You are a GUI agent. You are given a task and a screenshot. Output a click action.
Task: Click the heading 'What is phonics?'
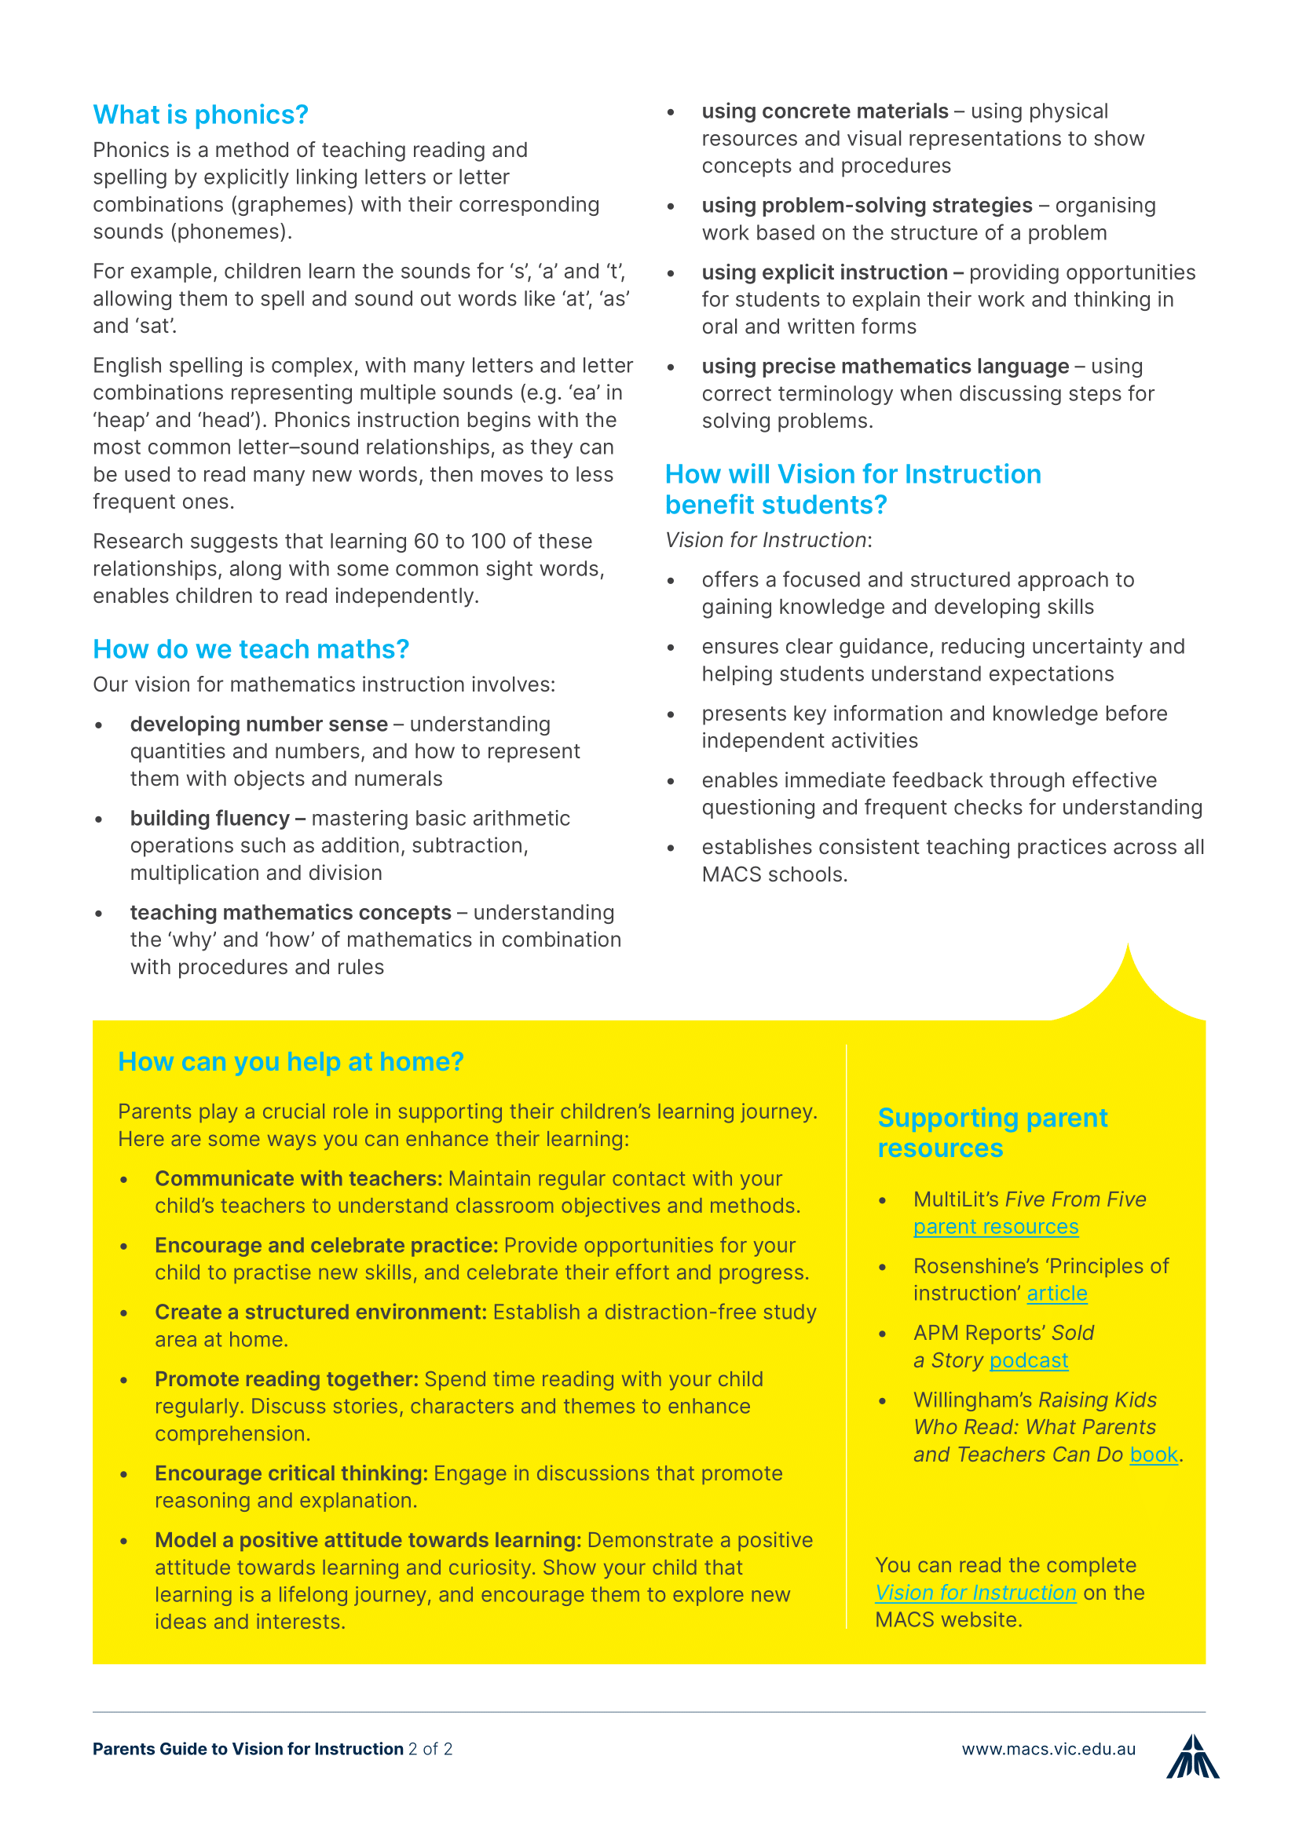tap(200, 115)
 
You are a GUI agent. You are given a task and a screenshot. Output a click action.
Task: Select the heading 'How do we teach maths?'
tap(251, 649)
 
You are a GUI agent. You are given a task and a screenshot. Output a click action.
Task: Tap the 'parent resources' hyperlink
tap(995, 1227)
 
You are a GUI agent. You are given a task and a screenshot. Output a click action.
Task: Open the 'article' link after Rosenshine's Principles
tap(1056, 1293)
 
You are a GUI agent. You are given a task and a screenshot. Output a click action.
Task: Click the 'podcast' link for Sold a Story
tap(1028, 1360)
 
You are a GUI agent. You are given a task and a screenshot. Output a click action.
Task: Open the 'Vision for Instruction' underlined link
tap(975, 1592)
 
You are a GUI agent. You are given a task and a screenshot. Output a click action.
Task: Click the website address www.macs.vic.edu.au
tap(1048, 1749)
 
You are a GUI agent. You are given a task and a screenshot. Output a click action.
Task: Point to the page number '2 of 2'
tap(430, 1749)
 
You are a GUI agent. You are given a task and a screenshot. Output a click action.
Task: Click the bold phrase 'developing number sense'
tap(258, 725)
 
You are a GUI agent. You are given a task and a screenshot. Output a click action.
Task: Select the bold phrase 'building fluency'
tap(210, 819)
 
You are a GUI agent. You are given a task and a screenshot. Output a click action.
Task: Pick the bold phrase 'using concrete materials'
tap(825, 111)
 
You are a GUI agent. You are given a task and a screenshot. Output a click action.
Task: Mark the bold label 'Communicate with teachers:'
tap(298, 1179)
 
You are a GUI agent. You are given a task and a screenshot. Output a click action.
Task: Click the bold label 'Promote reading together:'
tap(287, 1379)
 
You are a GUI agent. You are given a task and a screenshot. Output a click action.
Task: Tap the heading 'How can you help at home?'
tap(291, 1062)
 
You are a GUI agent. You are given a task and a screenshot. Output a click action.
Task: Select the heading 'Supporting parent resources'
tap(992, 1133)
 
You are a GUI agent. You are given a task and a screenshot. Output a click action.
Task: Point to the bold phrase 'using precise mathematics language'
tap(884, 367)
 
